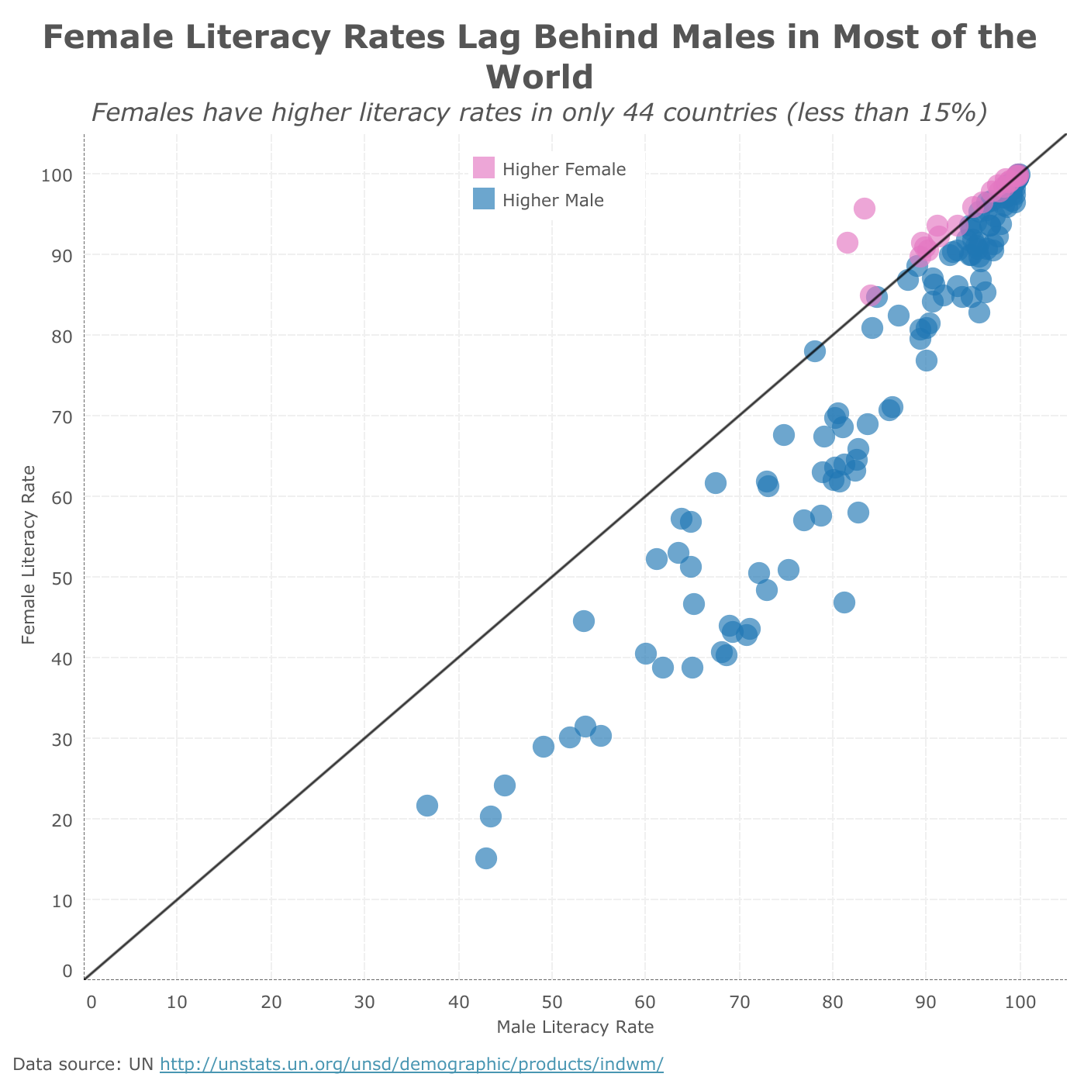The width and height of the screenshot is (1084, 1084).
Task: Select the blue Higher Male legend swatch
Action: point(483,200)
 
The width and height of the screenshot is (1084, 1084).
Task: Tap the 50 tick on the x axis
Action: point(552,1002)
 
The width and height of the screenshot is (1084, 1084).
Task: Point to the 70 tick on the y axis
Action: point(62,416)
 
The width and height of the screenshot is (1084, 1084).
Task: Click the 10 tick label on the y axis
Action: point(62,900)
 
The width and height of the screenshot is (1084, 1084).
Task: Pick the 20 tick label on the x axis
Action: point(271,1002)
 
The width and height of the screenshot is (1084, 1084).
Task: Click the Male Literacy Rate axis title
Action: point(575,1027)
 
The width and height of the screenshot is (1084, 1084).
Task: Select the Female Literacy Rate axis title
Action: point(29,554)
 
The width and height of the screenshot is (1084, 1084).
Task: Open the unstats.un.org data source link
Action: point(411,1064)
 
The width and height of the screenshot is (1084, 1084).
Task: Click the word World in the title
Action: point(540,78)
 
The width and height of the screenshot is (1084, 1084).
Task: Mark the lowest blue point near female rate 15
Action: point(486,858)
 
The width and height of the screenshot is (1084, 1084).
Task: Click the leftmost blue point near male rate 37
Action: point(427,806)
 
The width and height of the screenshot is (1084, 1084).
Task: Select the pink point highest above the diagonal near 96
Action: point(865,209)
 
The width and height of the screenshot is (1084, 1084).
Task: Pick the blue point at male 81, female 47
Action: point(844,602)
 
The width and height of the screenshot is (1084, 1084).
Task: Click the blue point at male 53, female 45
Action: point(584,621)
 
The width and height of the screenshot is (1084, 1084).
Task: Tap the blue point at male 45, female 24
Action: point(505,785)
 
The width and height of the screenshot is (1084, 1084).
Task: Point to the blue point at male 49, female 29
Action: point(544,747)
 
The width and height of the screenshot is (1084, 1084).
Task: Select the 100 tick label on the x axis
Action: point(1020,1002)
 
